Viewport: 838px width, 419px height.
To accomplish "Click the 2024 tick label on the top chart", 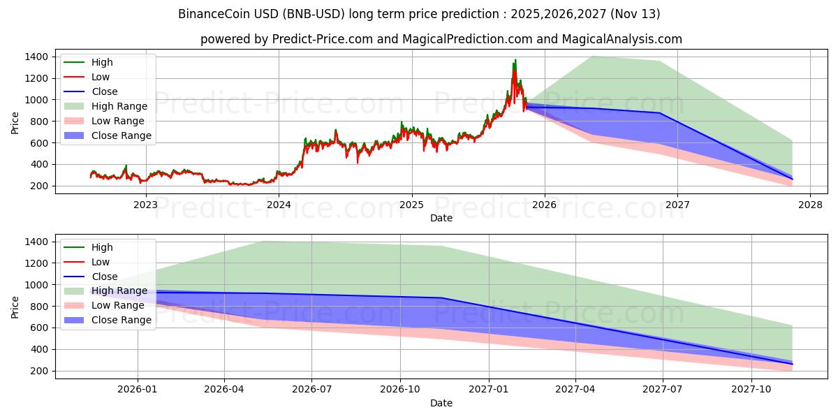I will point(279,205).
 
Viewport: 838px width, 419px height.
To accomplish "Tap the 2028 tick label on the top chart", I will point(810,205).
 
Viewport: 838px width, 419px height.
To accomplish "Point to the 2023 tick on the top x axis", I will point(145,205).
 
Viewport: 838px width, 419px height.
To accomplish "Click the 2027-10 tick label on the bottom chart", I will point(751,390).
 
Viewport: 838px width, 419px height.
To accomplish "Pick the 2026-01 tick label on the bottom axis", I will point(138,390).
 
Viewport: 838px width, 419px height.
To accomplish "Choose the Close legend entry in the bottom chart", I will point(105,277).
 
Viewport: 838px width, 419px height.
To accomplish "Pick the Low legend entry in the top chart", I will point(101,77).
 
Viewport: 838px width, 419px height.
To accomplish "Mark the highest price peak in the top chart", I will point(515,60).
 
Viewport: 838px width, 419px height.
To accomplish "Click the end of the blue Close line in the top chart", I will point(793,179).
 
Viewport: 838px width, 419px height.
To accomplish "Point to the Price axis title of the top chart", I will point(15,122).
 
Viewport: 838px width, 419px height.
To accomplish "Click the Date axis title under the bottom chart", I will point(441,403).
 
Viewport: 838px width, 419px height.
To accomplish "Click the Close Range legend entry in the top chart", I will point(121,135).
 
